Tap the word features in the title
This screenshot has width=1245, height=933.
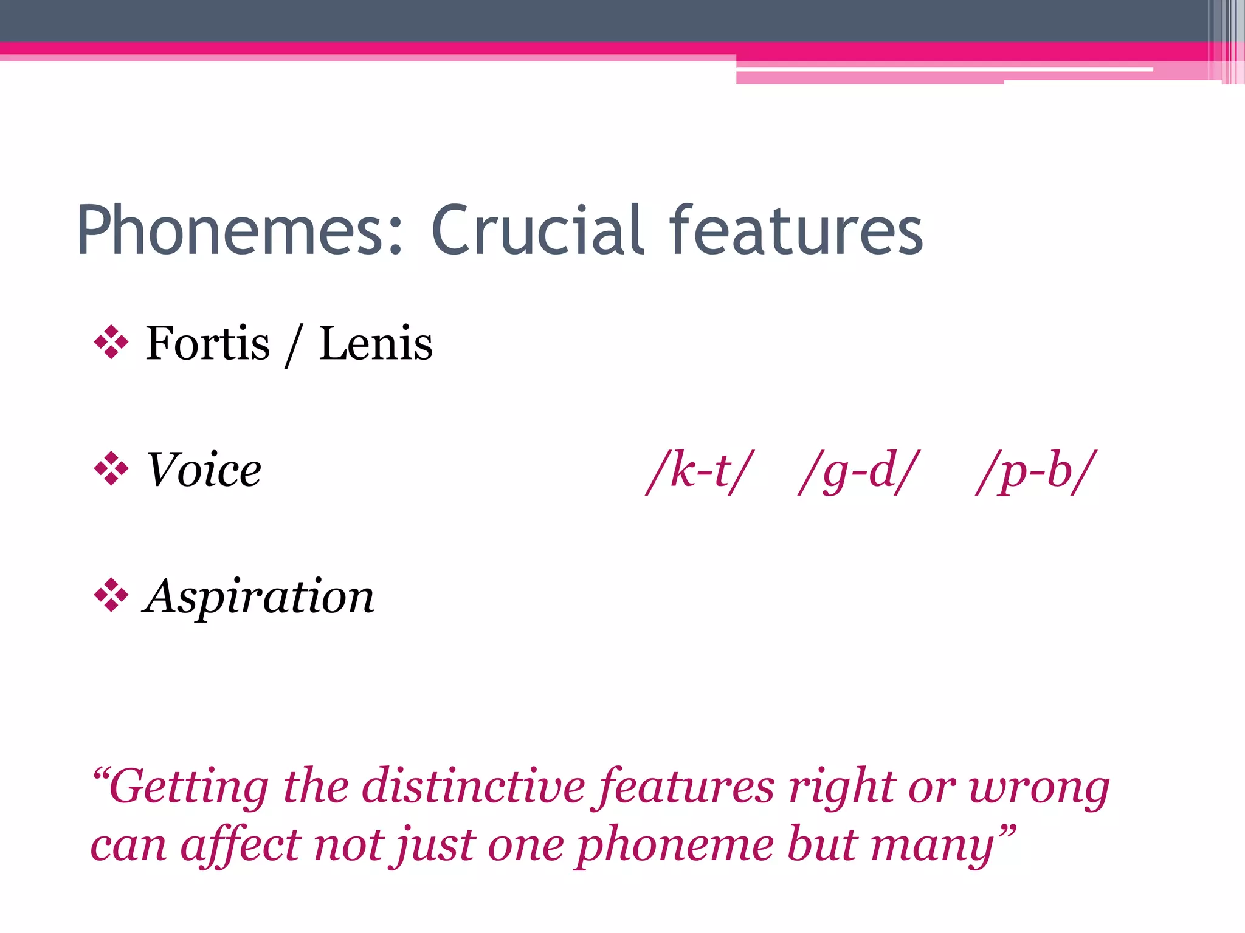pyautogui.click(x=796, y=231)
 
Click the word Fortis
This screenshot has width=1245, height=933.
pyautogui.click(x=207, y=344)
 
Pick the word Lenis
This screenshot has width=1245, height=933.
pyautogui.click(x=375, y=344)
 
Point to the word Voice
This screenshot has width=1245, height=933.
pyautogui.click(x=204, y=470)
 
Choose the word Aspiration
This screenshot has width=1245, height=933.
pyautogui.click(x=259, y=596)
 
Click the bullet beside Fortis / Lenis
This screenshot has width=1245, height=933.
pyautogui.click(x=111, y=343)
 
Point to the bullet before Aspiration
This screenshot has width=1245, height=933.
pyautogui.click(x=111, y=595)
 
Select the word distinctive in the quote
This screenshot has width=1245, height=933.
pyautogui.click(x=475, y=786)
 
